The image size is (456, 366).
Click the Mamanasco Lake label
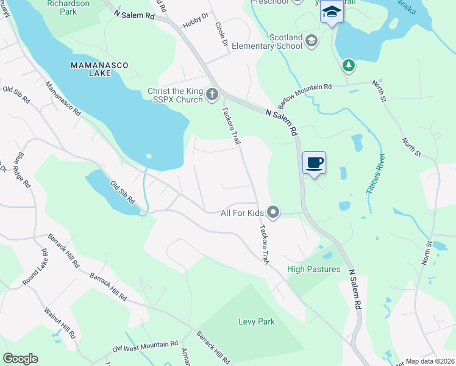point(91,68)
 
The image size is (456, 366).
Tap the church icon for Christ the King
point(212,94)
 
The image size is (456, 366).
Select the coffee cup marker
point(314,163)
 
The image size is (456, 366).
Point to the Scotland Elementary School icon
point(312,41)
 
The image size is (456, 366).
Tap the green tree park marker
point(348,64)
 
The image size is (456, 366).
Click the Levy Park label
point(257,321)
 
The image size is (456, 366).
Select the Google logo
point(20,359)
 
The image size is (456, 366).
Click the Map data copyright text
point(430,361)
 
